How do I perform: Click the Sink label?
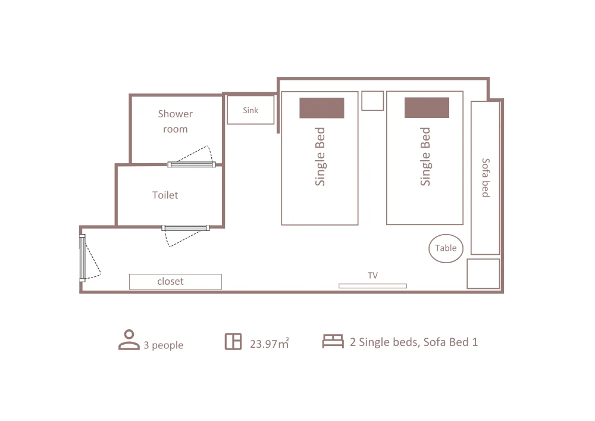click(250, 110)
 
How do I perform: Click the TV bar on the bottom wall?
click(372, 286)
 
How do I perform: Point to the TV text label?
click(372, 275)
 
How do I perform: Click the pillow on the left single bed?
click(322, 108)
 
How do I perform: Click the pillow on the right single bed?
click(427, 107)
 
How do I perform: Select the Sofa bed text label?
click(486, 177)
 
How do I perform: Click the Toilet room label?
click(165, 195)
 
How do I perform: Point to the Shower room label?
click(176, 121)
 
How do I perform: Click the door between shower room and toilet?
click(192, 164)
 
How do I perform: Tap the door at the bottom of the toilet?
click(186, 228)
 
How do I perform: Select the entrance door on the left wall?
click(82, 258)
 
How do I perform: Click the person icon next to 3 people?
click(129, 339)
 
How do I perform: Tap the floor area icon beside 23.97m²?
click(233, 341)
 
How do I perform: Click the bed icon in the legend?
click(333, 341)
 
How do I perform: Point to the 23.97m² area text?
click(270, 343)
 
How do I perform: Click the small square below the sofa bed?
click(483, 274)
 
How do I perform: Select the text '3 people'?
click(163, 345)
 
